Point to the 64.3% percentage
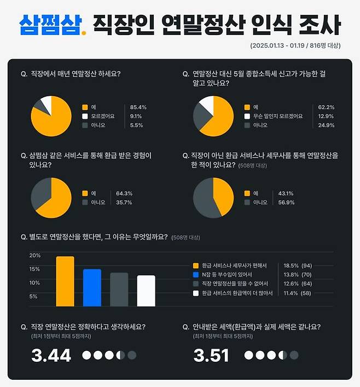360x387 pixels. pyautogui.click(x=124, y=193)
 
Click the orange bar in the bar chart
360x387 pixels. pyautogui.click(x=65, y=281)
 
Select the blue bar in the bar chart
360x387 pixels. pyautogui.click(x=92, y=288)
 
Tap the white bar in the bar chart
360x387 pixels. pyautogui.click(x=146, y=291)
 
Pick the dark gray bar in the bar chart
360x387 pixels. pyautogui.click(x=119, y=290)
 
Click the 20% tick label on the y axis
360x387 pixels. pyautogui.click(x=35, y=256)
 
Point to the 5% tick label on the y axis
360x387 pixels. pyautogui.click(x=33, y=297)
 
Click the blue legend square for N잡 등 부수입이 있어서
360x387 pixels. pyautogui.click(x=196, y=274)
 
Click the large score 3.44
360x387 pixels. pyautogui.click(x=51, y=355)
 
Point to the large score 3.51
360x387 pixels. pyautogui.click(x=211, y=355)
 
